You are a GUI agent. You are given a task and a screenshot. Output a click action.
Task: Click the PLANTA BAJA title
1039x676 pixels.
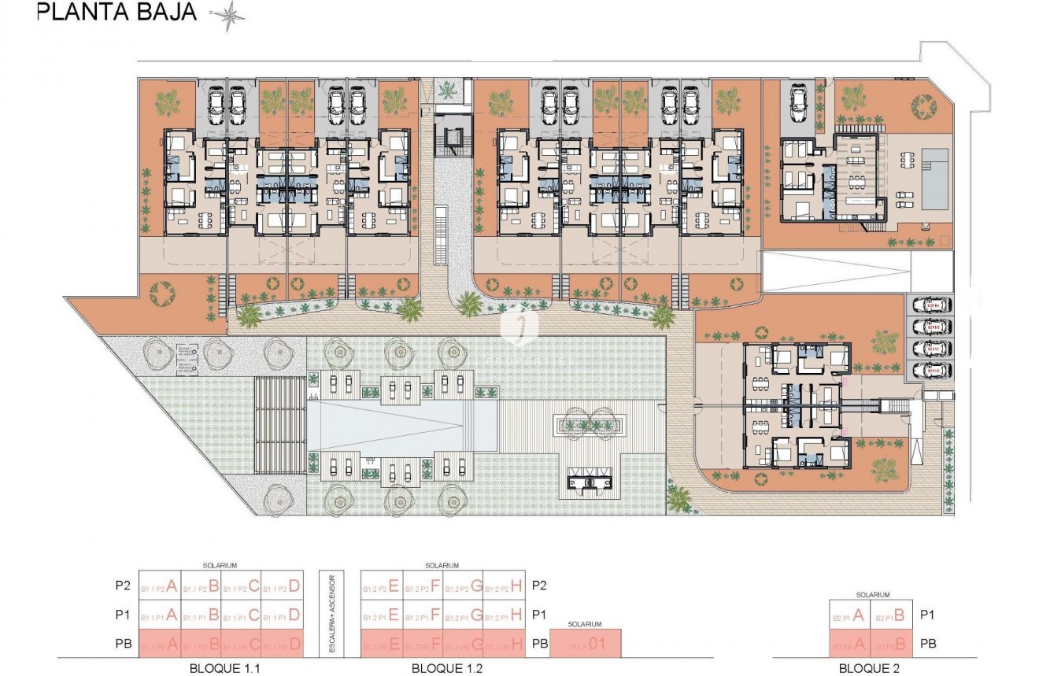coord(117,13)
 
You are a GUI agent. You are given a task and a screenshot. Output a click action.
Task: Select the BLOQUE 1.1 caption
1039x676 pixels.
coord(220,667)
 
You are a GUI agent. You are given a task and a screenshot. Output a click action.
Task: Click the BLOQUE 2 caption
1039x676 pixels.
coord(871,667)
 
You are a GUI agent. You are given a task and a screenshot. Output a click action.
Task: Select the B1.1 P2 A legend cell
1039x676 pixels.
coord(159,585)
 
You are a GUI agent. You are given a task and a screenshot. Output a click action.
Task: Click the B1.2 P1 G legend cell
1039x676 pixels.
coord(462,615)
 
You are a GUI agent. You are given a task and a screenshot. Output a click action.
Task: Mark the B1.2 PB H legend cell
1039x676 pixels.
coord(505,644)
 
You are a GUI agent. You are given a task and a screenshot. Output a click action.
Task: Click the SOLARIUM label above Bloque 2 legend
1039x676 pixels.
coord(871,595)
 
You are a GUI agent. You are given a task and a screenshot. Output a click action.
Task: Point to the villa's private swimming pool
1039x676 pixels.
coord(934,178)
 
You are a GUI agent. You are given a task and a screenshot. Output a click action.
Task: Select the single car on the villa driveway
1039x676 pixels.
coord(797,101)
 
